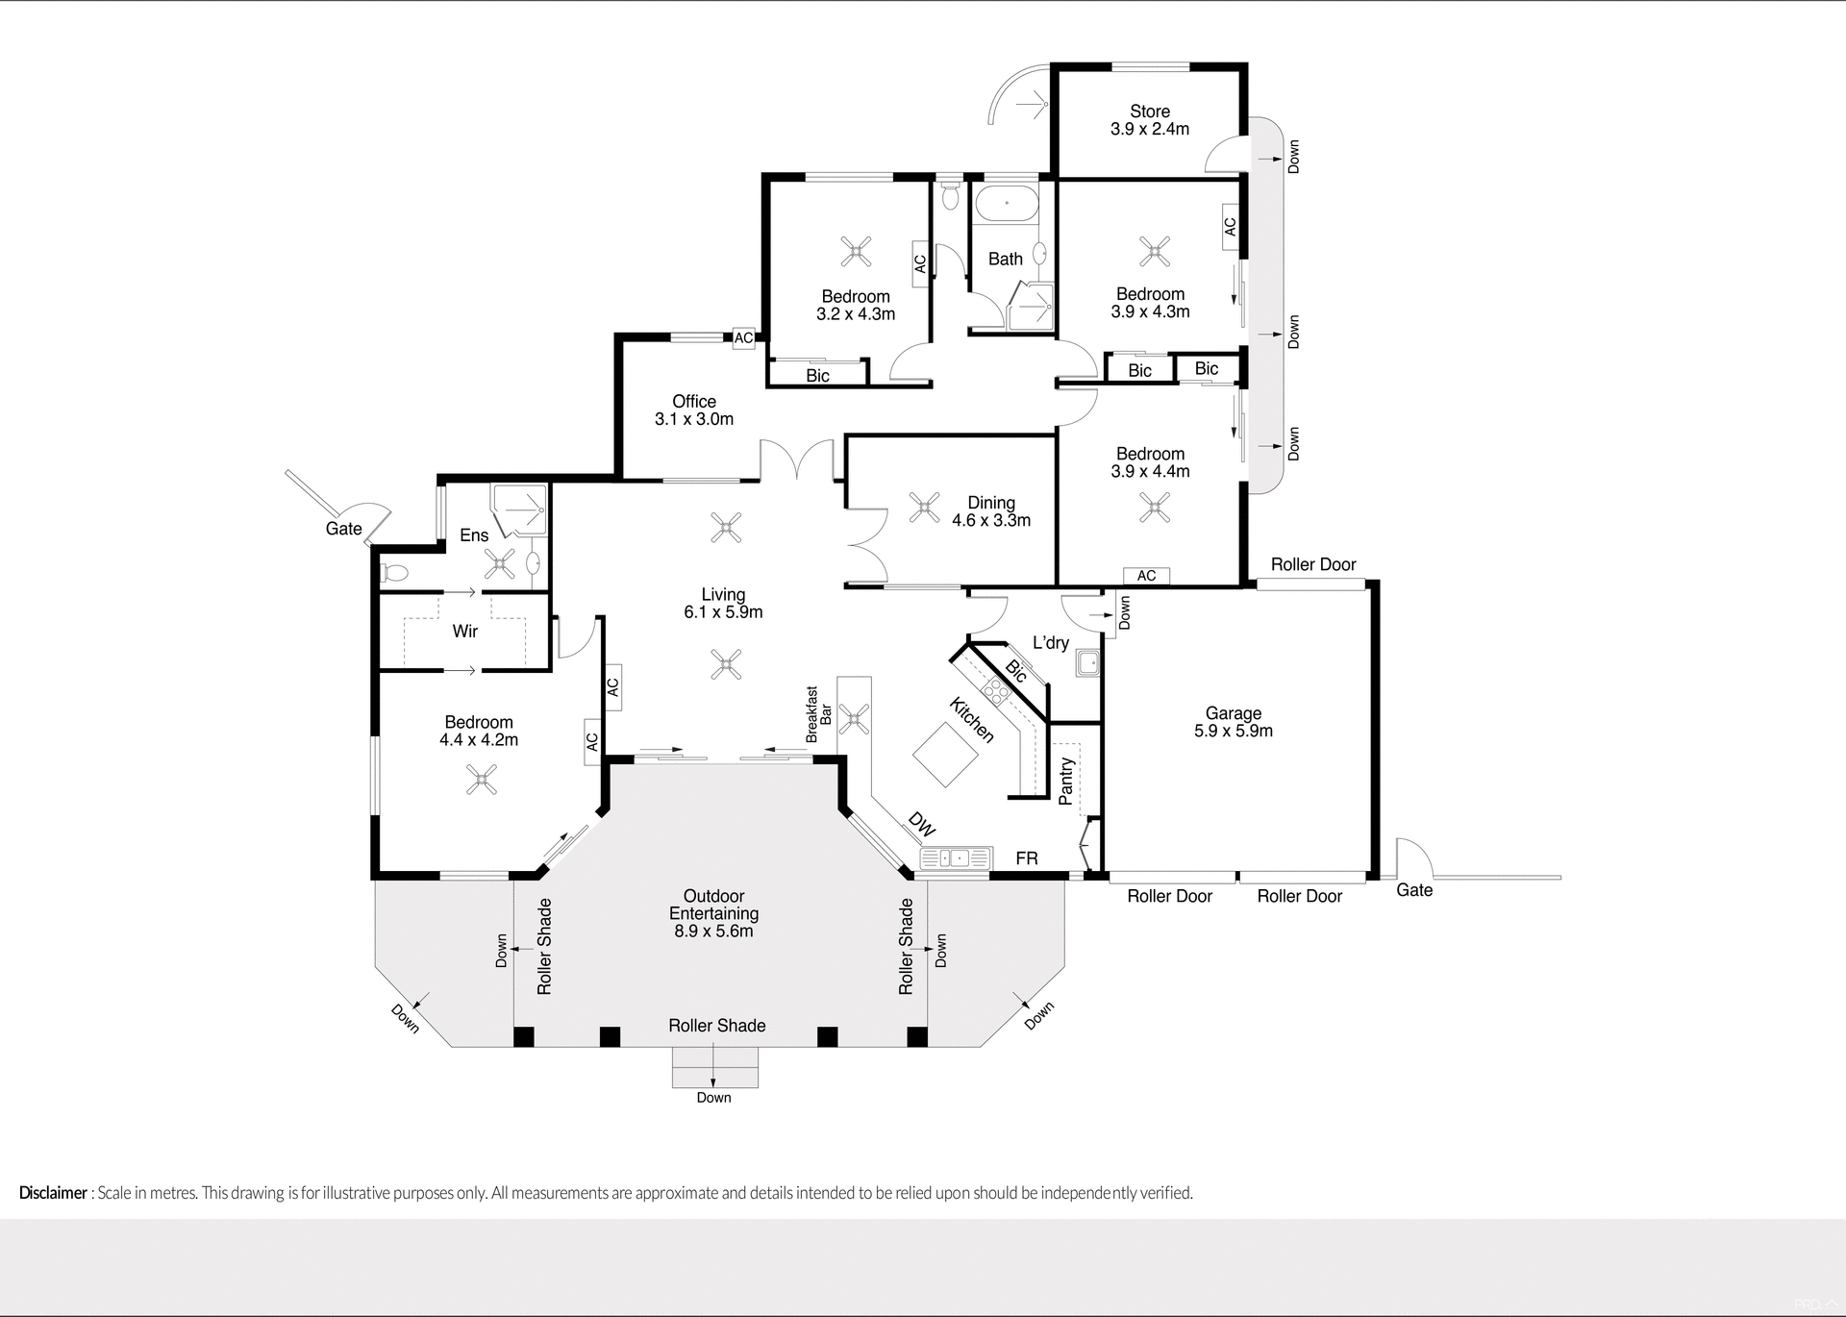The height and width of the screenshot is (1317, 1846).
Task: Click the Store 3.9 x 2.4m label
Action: pyautogui.click(x=1150, y=120)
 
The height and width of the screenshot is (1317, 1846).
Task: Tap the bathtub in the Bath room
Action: pyautogui.click(x=1006, y=204)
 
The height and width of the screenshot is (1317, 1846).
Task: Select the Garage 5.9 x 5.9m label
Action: pyautogui.click(x=1234, y=722)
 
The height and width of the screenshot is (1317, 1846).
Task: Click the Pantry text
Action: pyautogui.click(x=1065, y=781)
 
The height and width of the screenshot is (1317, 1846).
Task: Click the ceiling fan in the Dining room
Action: pyautogui.click(x=925, y=507)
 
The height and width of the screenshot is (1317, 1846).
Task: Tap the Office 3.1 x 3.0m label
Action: pyautogui.click(x=694, y=410)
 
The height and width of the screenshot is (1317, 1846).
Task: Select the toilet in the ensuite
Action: pyautogui.click(x=394, y=574)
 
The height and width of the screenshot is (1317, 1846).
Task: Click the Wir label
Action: pyautogui.click(x=465, y=632)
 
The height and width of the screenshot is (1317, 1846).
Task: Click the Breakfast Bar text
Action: pyautogui.click(x=817, y=714)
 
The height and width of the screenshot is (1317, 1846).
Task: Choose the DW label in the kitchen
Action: pyautogui.click(x=921, y=824)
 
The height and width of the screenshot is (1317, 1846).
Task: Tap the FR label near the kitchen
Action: pyautogui.click(x=1027, y=858)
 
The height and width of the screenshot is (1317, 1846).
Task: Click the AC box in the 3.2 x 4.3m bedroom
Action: pyautogui.click(x=920, y=262)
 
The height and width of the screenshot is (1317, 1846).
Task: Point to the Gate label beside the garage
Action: pyautogui.click(x=1414, y=890)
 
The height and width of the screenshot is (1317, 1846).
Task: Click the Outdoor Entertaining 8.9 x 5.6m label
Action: pyautogui.click(x=714, y=913)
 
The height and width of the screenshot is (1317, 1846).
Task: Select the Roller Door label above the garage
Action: pyautogui.click(x=1313, y=565)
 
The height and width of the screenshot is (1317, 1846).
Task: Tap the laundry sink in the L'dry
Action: pyautogui.click(x=1088, y=663)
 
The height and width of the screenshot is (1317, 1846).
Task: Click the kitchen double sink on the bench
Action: pyautogui.click(x=955, y=857)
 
